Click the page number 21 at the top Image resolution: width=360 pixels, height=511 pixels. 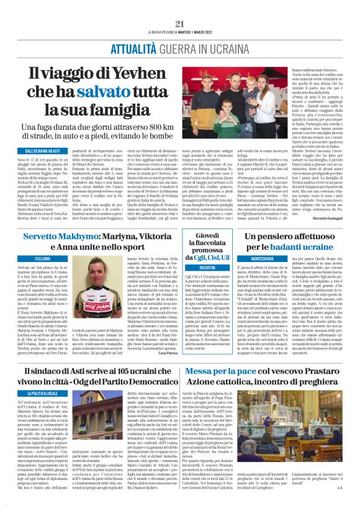[180, 23]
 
